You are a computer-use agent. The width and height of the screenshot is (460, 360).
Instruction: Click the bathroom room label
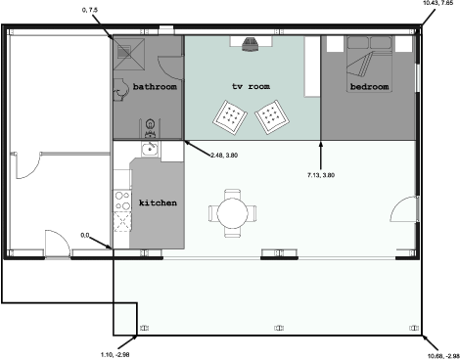coord(155,87)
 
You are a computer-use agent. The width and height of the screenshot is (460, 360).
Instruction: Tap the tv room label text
coord(251,86)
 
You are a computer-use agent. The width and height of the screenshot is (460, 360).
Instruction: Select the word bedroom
coord(369,87)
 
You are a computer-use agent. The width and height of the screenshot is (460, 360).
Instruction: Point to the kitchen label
coord(158,202)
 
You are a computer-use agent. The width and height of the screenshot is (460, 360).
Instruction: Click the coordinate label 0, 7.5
coord(90,10)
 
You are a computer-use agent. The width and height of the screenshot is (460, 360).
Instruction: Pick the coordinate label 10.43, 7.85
coord(438,3)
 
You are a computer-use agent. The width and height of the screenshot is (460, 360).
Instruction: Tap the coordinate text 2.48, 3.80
coord(224,156)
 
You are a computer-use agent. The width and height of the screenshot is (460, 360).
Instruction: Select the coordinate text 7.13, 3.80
coord(321,175)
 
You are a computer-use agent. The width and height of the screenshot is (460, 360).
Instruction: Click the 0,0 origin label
coord(85,235)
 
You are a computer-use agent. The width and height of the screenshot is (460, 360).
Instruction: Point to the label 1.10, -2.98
coord(115,354)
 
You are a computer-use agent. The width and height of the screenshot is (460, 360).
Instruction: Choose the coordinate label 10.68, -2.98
coord(443,356)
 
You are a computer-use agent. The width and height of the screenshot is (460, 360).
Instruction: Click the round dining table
coord(233,213)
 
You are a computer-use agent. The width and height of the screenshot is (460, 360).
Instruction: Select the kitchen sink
coord(150,149)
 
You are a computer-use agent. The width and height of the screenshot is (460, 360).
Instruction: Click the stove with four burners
coord(122,201)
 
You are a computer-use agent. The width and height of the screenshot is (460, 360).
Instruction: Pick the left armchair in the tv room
coord(230,117)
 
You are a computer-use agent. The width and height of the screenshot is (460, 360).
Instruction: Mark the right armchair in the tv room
coord(272,117)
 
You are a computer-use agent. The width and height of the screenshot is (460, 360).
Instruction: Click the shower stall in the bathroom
coord(129,54)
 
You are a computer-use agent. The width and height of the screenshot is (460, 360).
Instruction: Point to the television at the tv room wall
coord(251,44)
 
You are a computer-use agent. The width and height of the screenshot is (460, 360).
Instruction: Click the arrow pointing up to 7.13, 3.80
coord(321,156)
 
